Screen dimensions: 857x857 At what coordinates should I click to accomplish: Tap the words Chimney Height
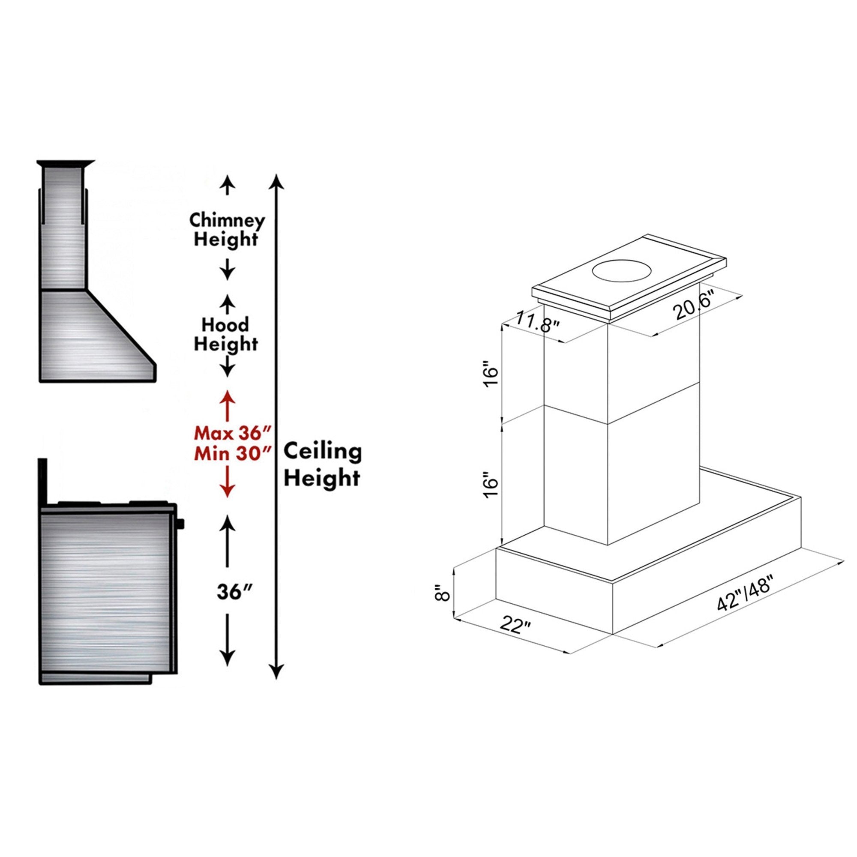[x=227, y=230]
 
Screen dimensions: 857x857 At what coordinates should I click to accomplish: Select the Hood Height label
[x=226, y=335]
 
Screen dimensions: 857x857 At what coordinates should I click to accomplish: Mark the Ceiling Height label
[x=323, y=465]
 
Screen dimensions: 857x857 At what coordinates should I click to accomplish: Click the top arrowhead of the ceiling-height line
[x=276, y=181]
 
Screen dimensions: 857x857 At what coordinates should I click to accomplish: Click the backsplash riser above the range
[x=43, y=482]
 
